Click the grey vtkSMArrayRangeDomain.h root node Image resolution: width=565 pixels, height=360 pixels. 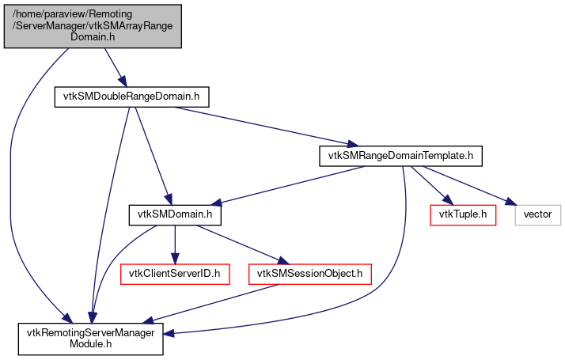coord(93,26)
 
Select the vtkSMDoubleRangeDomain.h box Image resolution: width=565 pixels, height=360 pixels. coord(131,97)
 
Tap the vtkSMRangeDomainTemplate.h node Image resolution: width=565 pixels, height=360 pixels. coord(400,155)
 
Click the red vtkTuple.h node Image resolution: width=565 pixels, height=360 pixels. coord(462,214)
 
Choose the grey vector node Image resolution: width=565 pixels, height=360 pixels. coord(538,214)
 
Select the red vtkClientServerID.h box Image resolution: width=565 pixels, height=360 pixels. coord(175,274)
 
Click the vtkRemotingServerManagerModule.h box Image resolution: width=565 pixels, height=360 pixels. coord(93,339)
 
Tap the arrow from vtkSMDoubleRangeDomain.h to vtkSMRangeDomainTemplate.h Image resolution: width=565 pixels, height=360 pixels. coord(261,125)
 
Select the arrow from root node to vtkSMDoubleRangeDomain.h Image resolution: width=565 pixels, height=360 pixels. coord(107,66)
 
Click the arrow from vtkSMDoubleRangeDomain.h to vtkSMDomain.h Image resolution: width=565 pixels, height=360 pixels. coord(151,155)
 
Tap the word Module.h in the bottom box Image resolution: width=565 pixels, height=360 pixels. coord(93,345)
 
